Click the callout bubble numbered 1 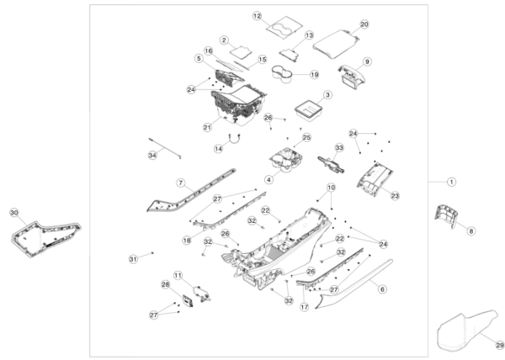click(x=451, y=181)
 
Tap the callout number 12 click(x=258, y=16)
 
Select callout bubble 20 click(x=364, y=24)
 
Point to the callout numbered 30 click(x=13, y=213)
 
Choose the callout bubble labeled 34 click(x=152, y=155)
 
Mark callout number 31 click(x=132, y=257)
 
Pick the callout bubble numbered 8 click(x=471, y=230)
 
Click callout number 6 click(x=382, y=289)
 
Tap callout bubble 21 click(x=206, y=128)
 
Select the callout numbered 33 click(x=339, y=147)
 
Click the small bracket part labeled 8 click(x=446, y=216)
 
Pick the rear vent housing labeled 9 click(x=353, y=77)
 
